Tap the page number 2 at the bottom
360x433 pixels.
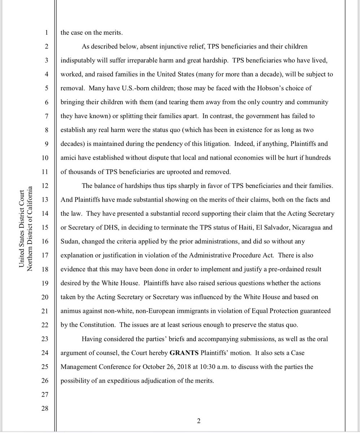(198, 420)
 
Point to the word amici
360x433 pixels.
(68, 158)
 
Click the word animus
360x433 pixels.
(71, 311)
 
